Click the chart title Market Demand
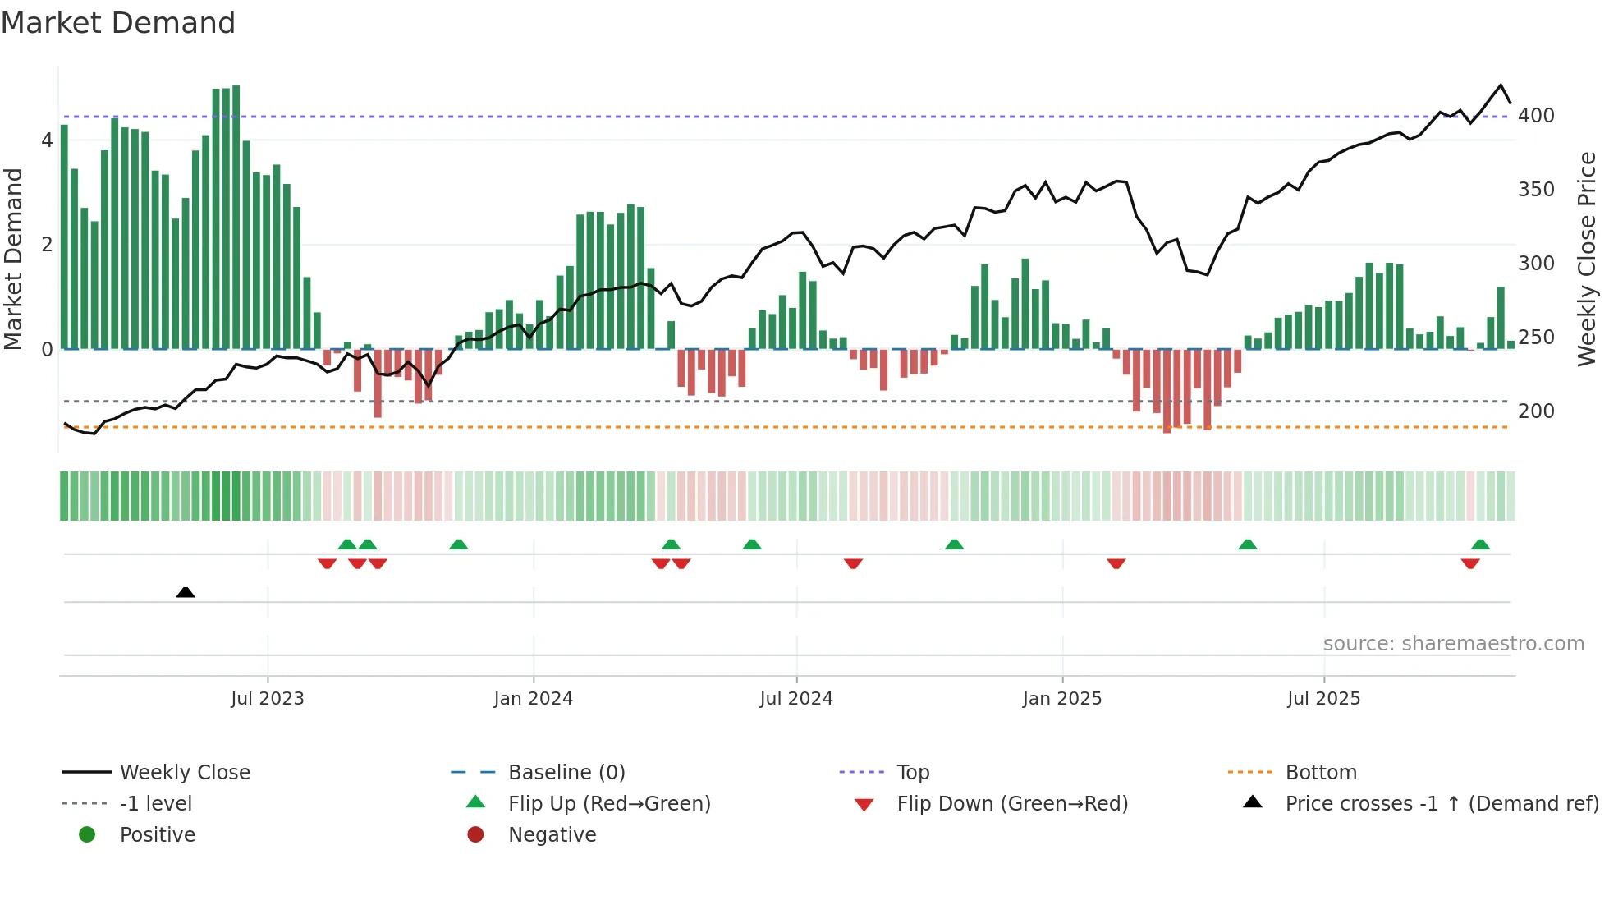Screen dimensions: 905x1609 [x=118, y=23]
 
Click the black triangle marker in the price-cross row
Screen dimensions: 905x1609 [x=186, y=592]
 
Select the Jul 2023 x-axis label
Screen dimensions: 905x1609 [x=268, y=699]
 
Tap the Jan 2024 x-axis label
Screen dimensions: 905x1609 [x=534, y=699]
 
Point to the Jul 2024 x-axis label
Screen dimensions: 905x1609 [x=796, y=699]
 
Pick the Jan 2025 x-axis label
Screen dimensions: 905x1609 [x=1062, y=699]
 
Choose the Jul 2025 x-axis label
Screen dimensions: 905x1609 [x=1324, y=699]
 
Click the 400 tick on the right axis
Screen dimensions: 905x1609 [x=1536, y=116]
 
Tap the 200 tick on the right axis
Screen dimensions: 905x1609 [x=1536, y=411]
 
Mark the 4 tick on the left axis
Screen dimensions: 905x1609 [x=47, y=140]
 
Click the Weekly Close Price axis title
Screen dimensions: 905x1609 [x=1587, y=259]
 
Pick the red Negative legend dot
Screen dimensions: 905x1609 [x=475, y=835]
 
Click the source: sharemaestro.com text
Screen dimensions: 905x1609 [x=1453, y=644]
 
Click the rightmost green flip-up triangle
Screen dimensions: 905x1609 [x=1480, y=544]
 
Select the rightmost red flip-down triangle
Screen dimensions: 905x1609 [x=1470, y=563]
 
